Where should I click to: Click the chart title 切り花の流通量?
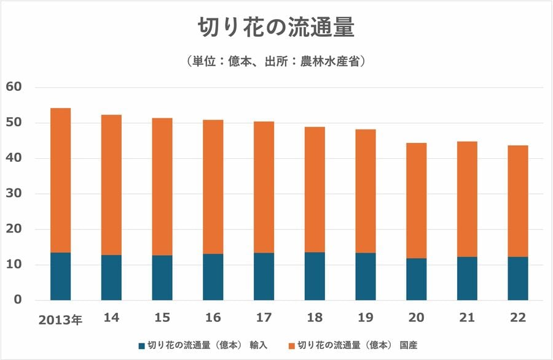[x=276, y=28]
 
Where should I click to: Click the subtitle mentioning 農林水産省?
[x=276, y=61]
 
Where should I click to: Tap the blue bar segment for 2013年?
[x=60, y=277]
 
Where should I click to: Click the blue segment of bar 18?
[x=315, y=277]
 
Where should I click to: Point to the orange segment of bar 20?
[x=416, y=201]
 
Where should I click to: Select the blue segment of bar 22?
[x=517, y=278]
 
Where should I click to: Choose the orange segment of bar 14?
[x=111, y=185]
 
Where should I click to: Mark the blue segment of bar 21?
[x=467, y=278]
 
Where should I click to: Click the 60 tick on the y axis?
[x=14, y=87]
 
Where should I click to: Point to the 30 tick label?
[x=14, y=194]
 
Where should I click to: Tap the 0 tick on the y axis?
[x=18, y=301]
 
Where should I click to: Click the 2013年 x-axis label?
[x=60, y=320]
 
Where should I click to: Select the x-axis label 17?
[x=264, y=318]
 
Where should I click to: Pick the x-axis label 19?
[x=366, y=318]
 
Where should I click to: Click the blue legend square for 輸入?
[x=143, y=345]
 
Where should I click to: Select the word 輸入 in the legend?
[x=258, y=345]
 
